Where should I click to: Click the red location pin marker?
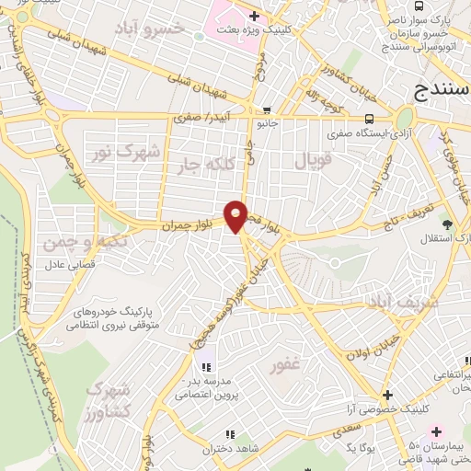[237, 215]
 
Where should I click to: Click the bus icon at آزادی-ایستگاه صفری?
[369, 118]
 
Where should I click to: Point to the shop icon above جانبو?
[266, 109]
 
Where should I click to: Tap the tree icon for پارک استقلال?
[448, 224]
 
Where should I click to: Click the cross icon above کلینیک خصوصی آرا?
[387, 394]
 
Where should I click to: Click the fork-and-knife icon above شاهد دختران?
[230, 433]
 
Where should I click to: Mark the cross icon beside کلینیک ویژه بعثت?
[254, 16]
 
